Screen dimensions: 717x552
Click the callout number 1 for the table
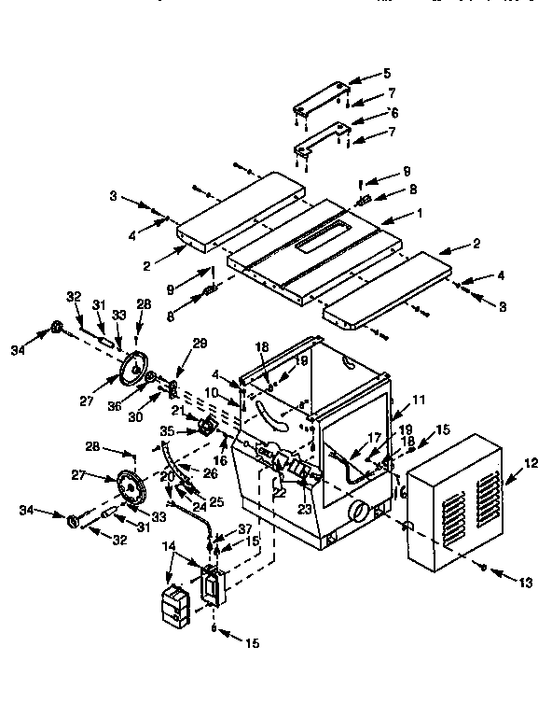420,213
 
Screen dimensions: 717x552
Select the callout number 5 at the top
387,73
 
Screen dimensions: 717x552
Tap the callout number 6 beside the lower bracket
394,111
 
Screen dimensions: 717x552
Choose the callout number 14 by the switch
168,544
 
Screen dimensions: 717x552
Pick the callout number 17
373,436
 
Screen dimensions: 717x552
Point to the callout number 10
213,393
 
